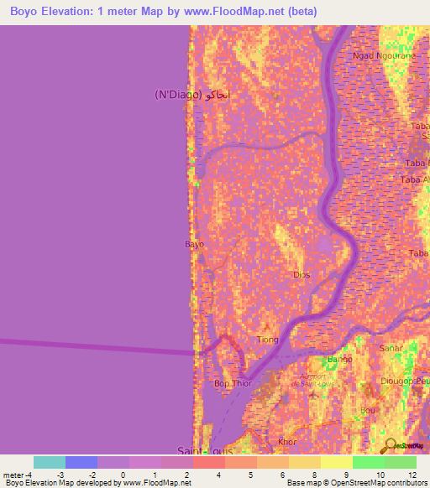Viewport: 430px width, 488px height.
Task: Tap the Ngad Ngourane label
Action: pos(385,55)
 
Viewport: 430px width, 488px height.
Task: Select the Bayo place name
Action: pos(194,245)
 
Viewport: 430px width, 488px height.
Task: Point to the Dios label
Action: pos(302,274)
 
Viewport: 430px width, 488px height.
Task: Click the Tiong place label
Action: pos(268,340)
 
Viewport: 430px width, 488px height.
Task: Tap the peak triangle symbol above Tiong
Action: pos(268,327)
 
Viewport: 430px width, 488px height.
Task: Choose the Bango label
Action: pos(339,360)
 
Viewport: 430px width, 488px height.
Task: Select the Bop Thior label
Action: pos(233,383)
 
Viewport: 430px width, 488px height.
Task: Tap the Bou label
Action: pos(368,410)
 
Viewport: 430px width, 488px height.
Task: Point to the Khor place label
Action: pos(287,440)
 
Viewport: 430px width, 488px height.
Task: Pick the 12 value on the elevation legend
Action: pos(412,475)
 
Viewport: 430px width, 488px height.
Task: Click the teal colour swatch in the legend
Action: pos(50,462)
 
